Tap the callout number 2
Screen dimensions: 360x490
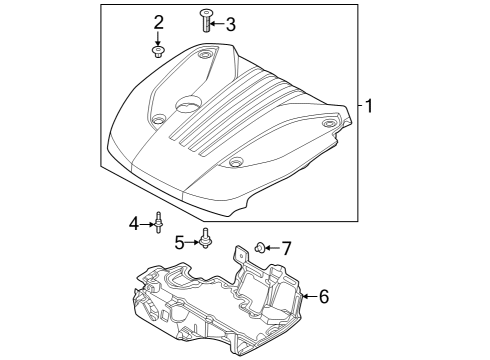click(x=158, y=23)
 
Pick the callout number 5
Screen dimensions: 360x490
click(x=181, y=241)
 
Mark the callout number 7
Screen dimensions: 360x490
click(x=285, y=247)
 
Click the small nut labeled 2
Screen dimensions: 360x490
click(x=158, y=51)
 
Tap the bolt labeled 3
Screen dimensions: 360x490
click(x=205, y=19)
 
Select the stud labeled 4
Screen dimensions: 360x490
click(x=159, y=223)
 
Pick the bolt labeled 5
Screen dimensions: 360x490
click(x=206, y=240)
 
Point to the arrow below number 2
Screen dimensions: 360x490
click(x=158, y=38)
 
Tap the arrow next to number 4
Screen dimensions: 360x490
click(x=148, y=224)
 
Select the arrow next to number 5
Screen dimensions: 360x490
click(x=194, y=241)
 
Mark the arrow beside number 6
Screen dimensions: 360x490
click(x=309, y=296)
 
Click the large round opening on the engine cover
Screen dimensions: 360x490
click(x=188, y=103)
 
